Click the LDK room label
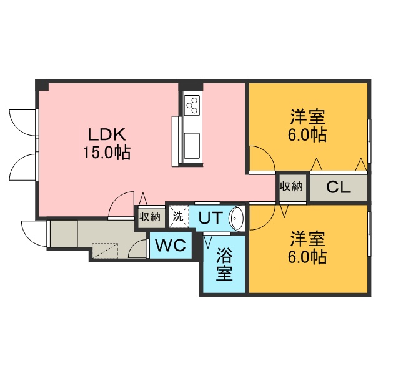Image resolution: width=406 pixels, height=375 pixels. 107,134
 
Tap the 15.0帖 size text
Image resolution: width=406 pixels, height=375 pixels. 107,152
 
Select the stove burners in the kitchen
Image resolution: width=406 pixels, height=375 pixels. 191,104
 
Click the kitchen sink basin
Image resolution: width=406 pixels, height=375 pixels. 191,146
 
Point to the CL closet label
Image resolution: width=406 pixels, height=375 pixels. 338,187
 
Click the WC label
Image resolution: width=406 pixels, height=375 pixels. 171,246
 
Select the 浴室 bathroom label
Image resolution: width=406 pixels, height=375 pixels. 225,264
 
